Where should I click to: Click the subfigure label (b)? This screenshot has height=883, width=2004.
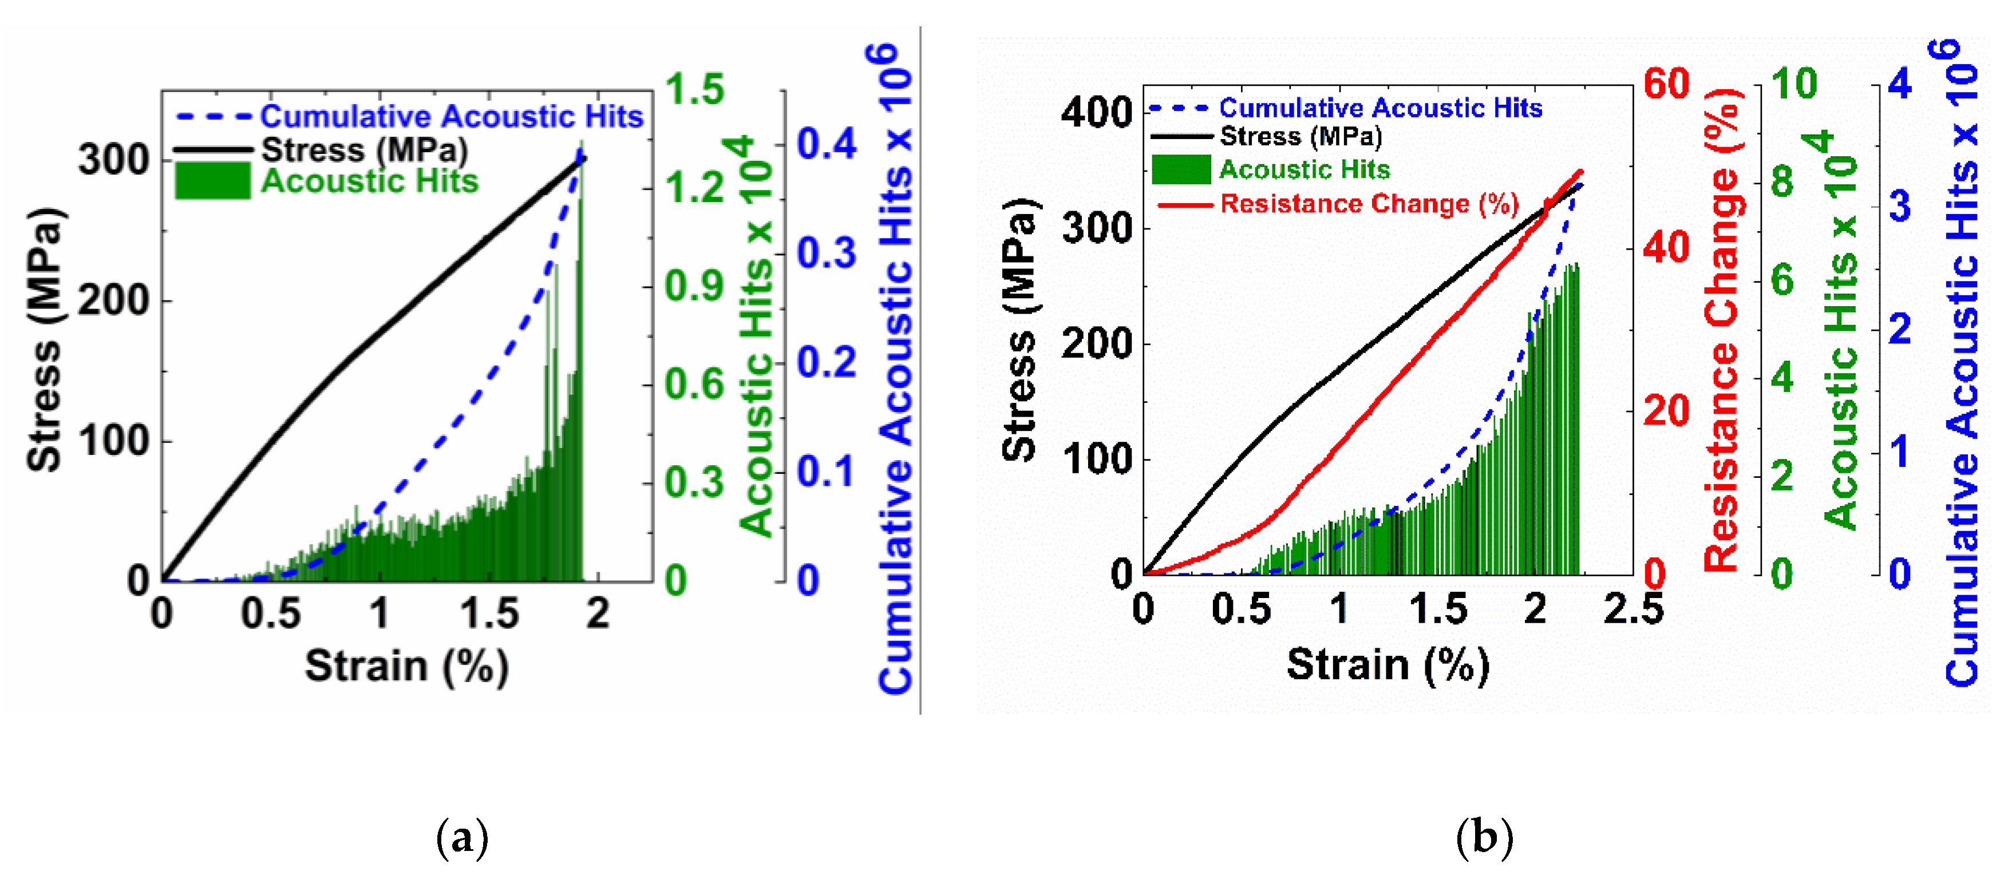pyautogui.click(x=1484, y=839)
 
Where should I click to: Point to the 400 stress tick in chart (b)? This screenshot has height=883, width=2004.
pyautogui.click(x=1097, y=113)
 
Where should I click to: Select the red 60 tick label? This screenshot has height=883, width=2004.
pyautogui.click(x=1666, y=84)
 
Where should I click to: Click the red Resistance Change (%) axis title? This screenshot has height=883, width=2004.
pyautogui.click(x=1722, y=331)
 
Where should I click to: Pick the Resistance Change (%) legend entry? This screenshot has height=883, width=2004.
pyautogui.click(x=1369, y=204)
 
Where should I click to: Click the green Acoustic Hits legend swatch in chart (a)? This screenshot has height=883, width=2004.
pyautogui.click(x=212, y=180)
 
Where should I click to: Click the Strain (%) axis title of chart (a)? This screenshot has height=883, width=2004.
pyautogui.click(x=406, y=667)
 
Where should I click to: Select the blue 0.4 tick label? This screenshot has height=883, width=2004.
pyautogui.click(x=826, y=145)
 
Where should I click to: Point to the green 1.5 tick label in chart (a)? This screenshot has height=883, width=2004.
pyautogui.click(x=695, y=89)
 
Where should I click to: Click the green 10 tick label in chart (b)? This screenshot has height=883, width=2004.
pyautogui.click(x=1794, y=84)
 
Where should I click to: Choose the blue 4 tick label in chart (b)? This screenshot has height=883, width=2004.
pyautogui.click(x=1900, y=84)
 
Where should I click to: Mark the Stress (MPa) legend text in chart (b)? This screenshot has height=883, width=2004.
pyautogui.click(x=1301, y=137)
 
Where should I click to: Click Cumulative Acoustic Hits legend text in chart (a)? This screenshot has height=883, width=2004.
pyautogui.click(x=451, y=117)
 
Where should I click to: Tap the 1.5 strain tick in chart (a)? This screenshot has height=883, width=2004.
pyautogui.click(x=489, y=614)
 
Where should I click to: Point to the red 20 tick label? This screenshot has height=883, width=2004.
pyautogui.click(x=1666, y=411)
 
